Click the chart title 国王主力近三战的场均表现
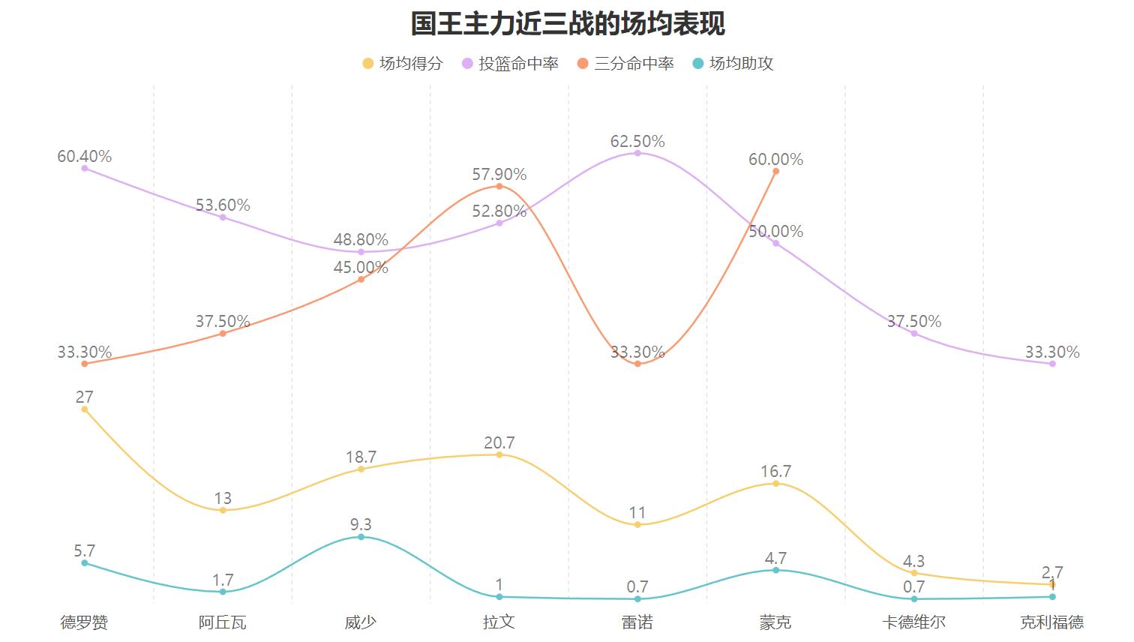click(567, 23)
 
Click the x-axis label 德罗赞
click(85, 622)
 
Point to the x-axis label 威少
click(361, 622)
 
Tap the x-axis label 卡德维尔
click(913, 622)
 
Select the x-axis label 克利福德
click(1051, 622)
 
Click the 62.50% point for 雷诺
click(637, 153)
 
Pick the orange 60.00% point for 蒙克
click(775, 171)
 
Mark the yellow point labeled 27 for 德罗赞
click(85, 409)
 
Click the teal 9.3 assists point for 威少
click(361, 537)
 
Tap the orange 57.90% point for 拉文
click(499, 186)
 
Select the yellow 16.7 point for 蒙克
click(775, 484)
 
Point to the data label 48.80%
click(361, 240)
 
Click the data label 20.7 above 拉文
click(499, 442)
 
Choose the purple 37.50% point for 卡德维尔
click(913, 333)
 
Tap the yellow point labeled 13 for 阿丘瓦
click(223, 510)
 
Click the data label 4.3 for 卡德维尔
click(913, 561)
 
